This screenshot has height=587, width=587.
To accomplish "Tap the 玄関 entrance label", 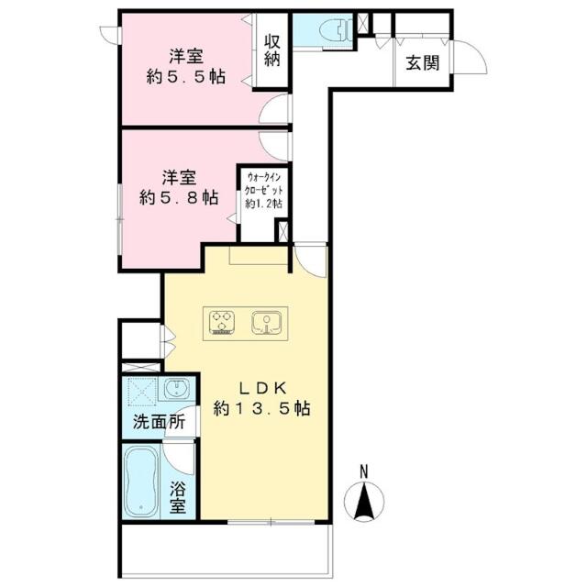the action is tap(423, 63).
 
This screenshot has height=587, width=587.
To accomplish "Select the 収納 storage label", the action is tap(272, 50).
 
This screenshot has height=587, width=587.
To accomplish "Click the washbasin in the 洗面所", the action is tap(176, 389).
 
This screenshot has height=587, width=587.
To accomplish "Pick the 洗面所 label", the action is tap(159, 422).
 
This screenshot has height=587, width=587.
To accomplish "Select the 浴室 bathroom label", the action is tap(177, 497).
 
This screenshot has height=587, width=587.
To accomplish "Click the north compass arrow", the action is tap(364, 502).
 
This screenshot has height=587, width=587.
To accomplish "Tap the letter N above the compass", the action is tap(364, 471).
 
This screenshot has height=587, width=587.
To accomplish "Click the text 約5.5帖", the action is tap(186, 77).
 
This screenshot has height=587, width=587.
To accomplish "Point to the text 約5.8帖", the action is tap(179, 197).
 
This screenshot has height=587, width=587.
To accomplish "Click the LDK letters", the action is tap(263, 388).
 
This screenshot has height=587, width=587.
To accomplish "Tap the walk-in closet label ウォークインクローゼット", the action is tap(263, 183).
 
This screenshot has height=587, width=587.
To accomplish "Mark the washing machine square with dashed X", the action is tap(142, 392).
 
